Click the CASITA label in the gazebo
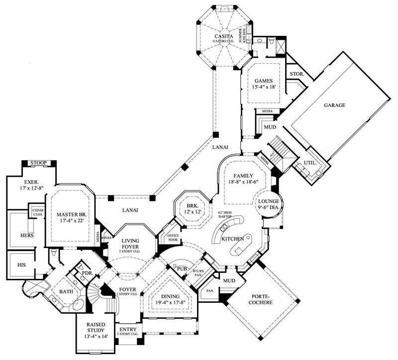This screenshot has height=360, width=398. click(x=221, y=37)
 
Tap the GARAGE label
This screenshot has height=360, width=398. click(x=334, y=105)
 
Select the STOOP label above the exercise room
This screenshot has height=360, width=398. click(x=39, y=163)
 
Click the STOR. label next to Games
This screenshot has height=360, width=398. click(x=297, y=74)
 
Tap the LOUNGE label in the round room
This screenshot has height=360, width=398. click(x=269, y=201)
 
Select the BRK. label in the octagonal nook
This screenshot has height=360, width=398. click(x=193, y=205)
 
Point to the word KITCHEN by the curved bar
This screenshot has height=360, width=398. click(x=233, y=239)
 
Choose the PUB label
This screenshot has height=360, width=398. click(x=181, y=269)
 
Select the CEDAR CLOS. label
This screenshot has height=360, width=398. click(x=37, y=211)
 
